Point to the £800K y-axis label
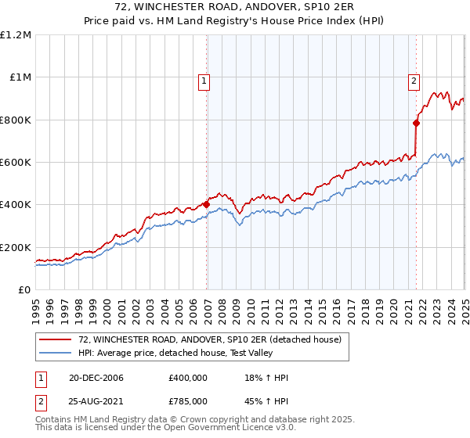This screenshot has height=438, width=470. [16, 120]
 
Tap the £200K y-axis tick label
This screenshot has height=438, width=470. [16, 247]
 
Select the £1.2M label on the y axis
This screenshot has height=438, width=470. [17, 35]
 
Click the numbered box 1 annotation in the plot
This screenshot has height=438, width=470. [204, 79]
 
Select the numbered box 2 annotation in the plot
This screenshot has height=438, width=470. [413, 79]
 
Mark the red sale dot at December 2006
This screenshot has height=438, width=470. [207, 205]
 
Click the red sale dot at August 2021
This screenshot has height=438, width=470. [417, 123]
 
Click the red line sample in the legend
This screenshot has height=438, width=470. [56, 340]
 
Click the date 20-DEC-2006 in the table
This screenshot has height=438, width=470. [90, 379]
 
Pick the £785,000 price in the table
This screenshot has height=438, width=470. [188, 400]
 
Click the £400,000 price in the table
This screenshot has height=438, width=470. [188, 379]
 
